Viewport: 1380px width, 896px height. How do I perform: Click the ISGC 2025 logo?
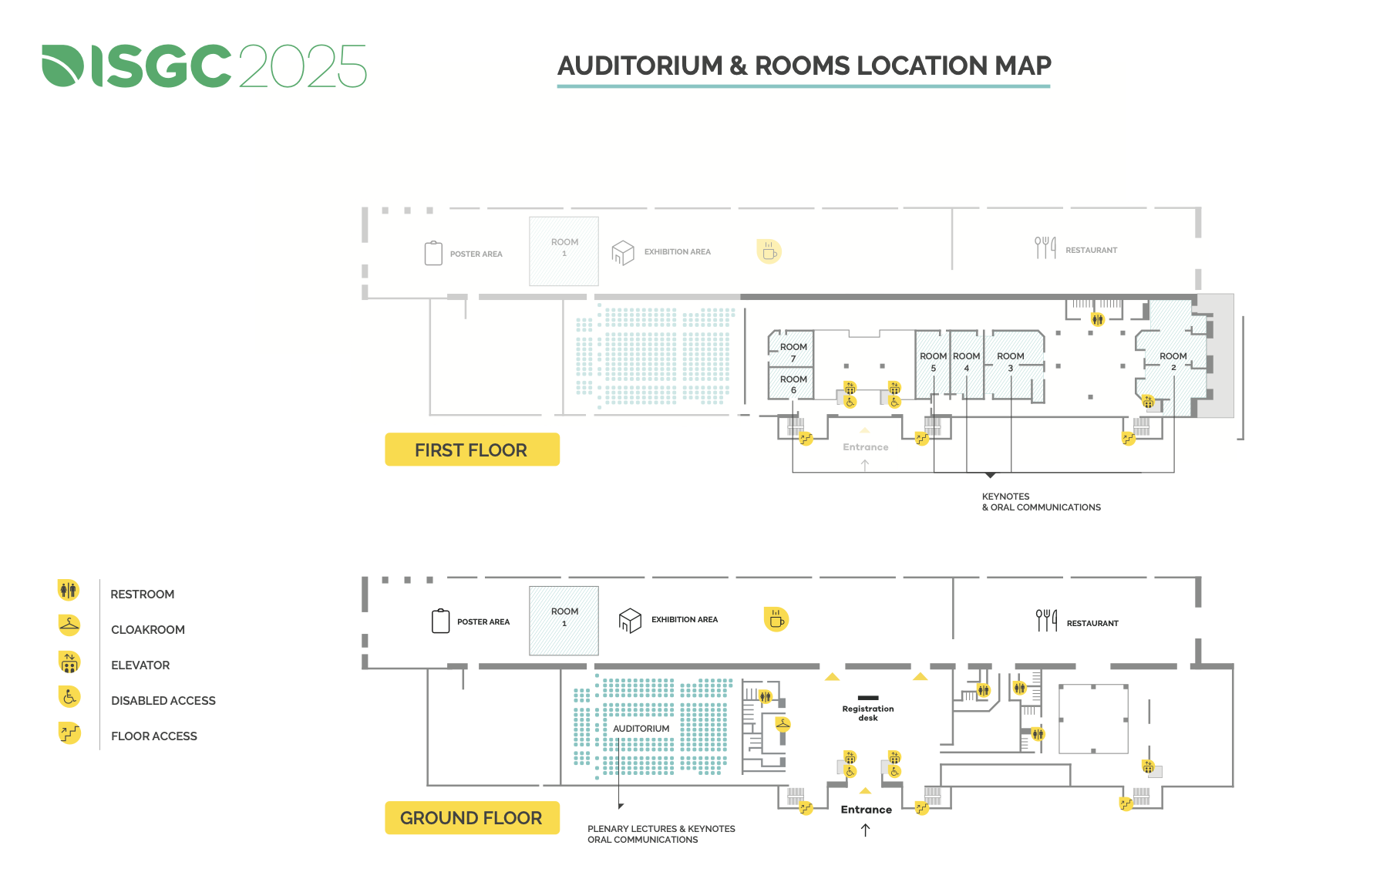click(204, 66)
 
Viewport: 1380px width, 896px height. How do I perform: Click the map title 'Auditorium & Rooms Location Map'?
click(804, 66)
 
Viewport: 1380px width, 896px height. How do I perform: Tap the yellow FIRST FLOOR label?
click(472, 450)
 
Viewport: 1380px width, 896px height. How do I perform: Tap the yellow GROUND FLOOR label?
click(472, 817)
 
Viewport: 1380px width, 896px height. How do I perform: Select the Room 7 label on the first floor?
click(793, 352)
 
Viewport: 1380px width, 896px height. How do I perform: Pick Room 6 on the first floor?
click(793, 384)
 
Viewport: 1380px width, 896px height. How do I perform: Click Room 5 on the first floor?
click(933, 362)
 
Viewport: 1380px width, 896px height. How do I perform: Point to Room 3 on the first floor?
click(1011, 362)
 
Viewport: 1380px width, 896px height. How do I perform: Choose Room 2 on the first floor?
click(1173, 362)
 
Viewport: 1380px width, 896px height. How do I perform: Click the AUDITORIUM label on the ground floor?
click(641, 729)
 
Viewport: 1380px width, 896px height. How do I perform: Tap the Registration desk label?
click(868, 713)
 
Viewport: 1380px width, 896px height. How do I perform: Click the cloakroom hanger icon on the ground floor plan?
click(783, 724)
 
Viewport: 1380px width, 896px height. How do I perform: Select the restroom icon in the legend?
click(69, 591)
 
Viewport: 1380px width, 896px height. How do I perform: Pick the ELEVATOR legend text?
click(140, 665)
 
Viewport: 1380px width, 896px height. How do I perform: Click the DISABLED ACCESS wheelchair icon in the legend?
click(69, 697)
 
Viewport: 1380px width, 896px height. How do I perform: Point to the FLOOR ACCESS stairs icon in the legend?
click(69, 733)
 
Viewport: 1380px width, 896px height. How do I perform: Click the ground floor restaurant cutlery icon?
click(1046, 620)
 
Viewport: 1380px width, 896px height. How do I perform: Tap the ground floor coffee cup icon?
click(776, 619)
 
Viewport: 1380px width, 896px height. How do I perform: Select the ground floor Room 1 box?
click(564, 621)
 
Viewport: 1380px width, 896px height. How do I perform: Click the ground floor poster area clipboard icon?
click(440, 621)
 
